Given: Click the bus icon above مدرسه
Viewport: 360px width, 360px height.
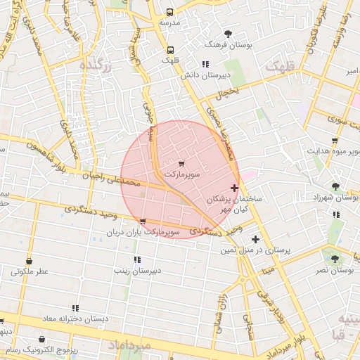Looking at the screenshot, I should point(169,12).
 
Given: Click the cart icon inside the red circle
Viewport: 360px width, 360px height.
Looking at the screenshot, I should point(182,163).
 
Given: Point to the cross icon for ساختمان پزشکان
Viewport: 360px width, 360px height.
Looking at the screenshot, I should point(234,188).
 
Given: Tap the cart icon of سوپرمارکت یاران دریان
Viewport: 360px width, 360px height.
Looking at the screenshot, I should point(143,221).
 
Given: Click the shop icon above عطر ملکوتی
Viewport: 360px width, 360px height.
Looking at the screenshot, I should point(30,261).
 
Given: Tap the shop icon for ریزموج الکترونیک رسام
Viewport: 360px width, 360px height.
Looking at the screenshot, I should point(43,340).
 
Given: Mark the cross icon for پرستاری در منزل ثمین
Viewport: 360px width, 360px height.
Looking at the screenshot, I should point(255,239).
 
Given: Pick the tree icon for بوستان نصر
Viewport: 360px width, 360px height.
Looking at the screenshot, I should point(335,259).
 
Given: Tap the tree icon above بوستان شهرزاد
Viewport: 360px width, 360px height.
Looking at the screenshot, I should point(335,186).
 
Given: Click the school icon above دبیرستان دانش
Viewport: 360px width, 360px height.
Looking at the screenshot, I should point(205,64).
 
